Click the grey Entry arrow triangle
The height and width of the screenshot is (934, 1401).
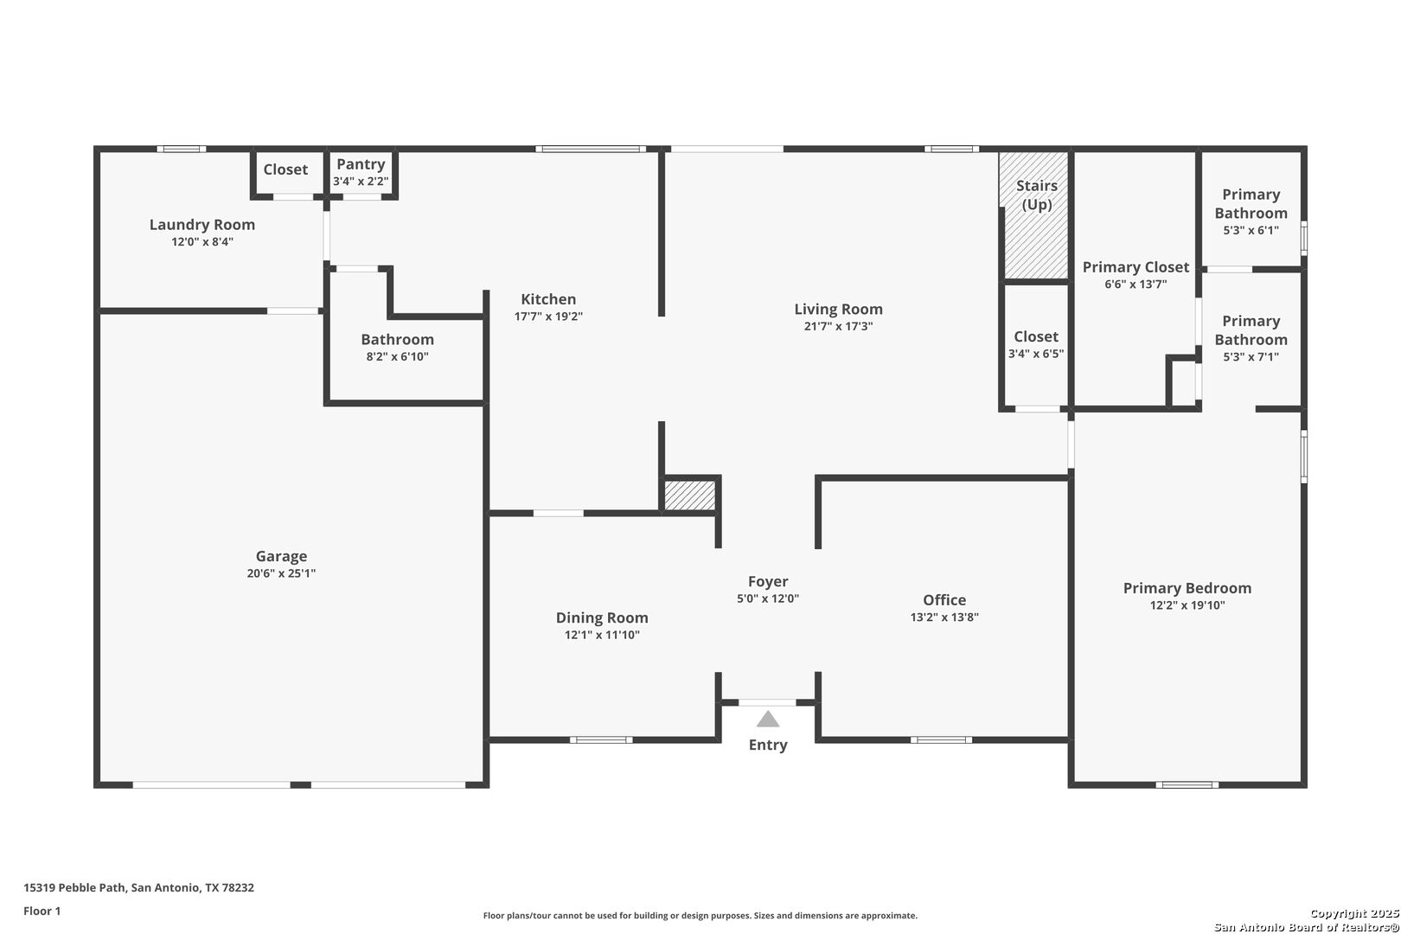[x=767, y=720]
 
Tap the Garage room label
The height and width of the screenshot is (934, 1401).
[x=281, y=556]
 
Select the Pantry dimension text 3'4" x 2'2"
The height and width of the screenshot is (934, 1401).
[x=361, y=182]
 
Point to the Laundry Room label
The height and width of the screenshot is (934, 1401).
[x=202, y=225]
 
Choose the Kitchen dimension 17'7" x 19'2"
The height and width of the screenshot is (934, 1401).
[x=548, y=317]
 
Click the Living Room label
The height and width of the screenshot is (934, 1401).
[x=838, y=309]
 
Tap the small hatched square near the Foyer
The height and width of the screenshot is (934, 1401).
[x=689, y=495]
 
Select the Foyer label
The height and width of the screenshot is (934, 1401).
[x=768, y=582]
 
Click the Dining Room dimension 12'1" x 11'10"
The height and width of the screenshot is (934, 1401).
[x=602, y=635]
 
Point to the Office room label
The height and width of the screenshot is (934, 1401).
[x=944, y=600]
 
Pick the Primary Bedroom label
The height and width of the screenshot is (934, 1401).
[x=1187, y=588]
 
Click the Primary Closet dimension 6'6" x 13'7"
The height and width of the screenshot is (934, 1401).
[x=1136, y=285]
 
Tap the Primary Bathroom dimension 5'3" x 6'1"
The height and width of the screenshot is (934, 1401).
[x=1251, y=230]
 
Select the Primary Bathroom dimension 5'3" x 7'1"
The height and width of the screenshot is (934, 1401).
[x=1251, y=357]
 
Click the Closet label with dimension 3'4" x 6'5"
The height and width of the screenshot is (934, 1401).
[x=1036, y=337]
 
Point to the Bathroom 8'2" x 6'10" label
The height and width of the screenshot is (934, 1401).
[x=397, y=340]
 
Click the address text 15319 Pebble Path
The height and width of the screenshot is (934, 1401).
[x=75, y=887]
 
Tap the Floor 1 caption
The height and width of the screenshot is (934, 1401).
[x=42, y=912]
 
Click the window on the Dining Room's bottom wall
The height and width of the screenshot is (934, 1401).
[x=601, y=740]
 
